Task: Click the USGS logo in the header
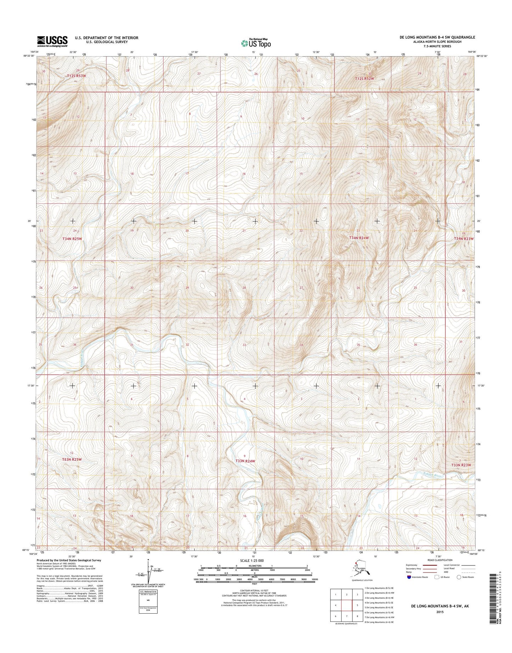coord(52,41)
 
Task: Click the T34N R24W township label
coord(359,238)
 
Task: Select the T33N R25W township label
coord(72,459)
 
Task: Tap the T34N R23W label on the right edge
coord(463,239)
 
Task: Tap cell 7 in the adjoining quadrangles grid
coord(347,616)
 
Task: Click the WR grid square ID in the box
coord(148,601)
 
